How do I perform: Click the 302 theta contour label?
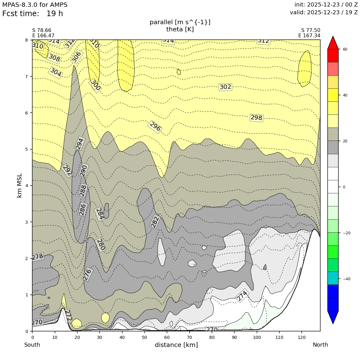tap(225, 87)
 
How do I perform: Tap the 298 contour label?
tap(256, 118)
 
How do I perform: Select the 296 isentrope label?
tap(155, 127)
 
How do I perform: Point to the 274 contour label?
tap(242, 295)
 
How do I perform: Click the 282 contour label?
tap(155, 222)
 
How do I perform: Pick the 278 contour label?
tap(38, 257)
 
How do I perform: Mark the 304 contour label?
tap(56, 72)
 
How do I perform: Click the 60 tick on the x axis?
tap(167, 337)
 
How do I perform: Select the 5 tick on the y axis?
tap(26, 149)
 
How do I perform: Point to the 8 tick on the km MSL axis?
tap(26, 40)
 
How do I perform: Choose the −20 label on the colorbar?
tap(347, 233)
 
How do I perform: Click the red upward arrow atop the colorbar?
tap(333, 43)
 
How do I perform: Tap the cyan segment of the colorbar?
tap(333, 278)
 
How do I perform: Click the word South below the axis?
tap(32, 345)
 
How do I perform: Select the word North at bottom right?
tap(320, 345)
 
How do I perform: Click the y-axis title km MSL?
tap(20, 185)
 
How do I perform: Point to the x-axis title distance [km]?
tap(176, 345)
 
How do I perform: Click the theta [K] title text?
tap(180, 29)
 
